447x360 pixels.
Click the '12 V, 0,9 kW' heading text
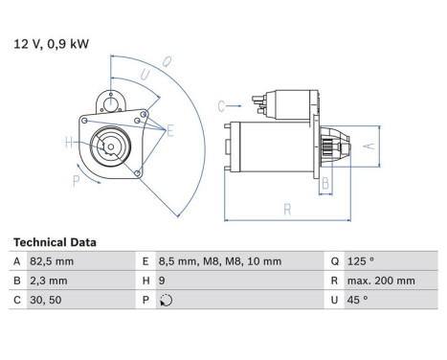point(50,42)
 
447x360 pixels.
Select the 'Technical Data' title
point(55,242)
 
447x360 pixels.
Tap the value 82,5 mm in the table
point(53,261)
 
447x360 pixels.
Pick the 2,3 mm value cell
point(49,281)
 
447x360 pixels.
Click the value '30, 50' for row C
point(46,300)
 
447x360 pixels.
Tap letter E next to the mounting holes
point(169,129)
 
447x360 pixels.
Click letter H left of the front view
point(68,144)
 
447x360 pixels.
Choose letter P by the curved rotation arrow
point(76,179)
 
